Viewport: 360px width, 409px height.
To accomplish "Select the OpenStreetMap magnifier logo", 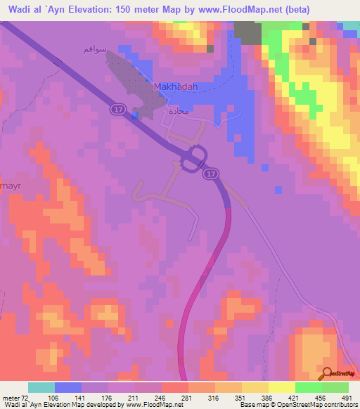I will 327,373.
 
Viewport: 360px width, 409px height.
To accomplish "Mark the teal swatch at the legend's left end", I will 41,387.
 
